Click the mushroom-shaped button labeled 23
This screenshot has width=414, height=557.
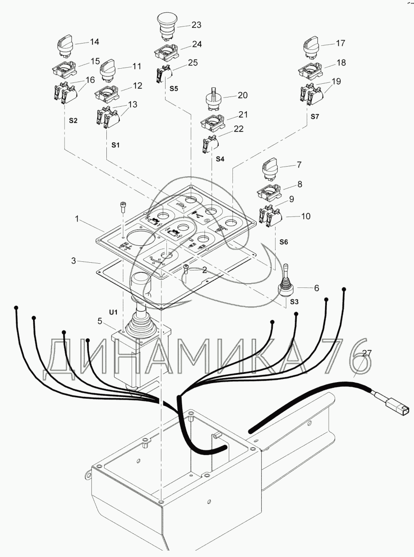(x=167, y=27)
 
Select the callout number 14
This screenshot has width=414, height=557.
(x=94, y=42)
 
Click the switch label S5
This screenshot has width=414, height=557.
(x=174, y=88)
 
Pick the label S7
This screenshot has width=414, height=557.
(x=315, y=117)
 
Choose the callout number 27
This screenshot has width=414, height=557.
(x=367, y=353)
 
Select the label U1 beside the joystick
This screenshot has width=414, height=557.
(x=113, y=312)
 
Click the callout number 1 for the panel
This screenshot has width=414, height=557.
(x=77, y=219)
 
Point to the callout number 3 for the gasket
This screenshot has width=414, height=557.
(x=73, y=261)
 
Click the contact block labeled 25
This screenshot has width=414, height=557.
(x=164, y=74)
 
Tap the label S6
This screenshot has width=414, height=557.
(x=284, y=242)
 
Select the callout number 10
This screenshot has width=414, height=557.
(x=306, y=216)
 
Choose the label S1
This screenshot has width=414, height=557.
(x=116, y=145)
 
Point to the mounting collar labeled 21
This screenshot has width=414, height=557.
(x=213, y=123)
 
